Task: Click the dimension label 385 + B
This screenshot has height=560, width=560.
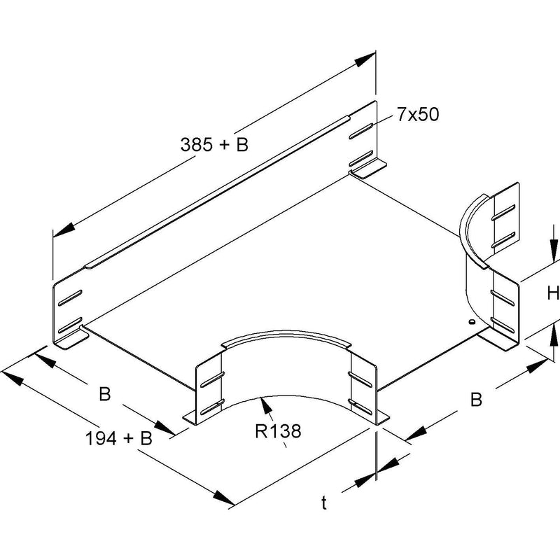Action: point(214,145)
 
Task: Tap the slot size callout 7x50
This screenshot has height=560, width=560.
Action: point(417,115)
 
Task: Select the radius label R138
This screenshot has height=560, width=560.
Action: point(278,431)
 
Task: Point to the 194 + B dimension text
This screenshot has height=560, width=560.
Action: point(119,438)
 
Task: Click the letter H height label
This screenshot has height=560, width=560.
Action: point(553,293)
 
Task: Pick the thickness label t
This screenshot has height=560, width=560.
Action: point(324,503)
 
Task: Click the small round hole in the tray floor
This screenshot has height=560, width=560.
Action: point(471,322)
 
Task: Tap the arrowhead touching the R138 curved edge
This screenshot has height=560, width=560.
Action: point(266,405)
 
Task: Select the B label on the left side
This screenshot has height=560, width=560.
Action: point(104,394)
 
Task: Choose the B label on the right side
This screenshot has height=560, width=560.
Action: point(476,399)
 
